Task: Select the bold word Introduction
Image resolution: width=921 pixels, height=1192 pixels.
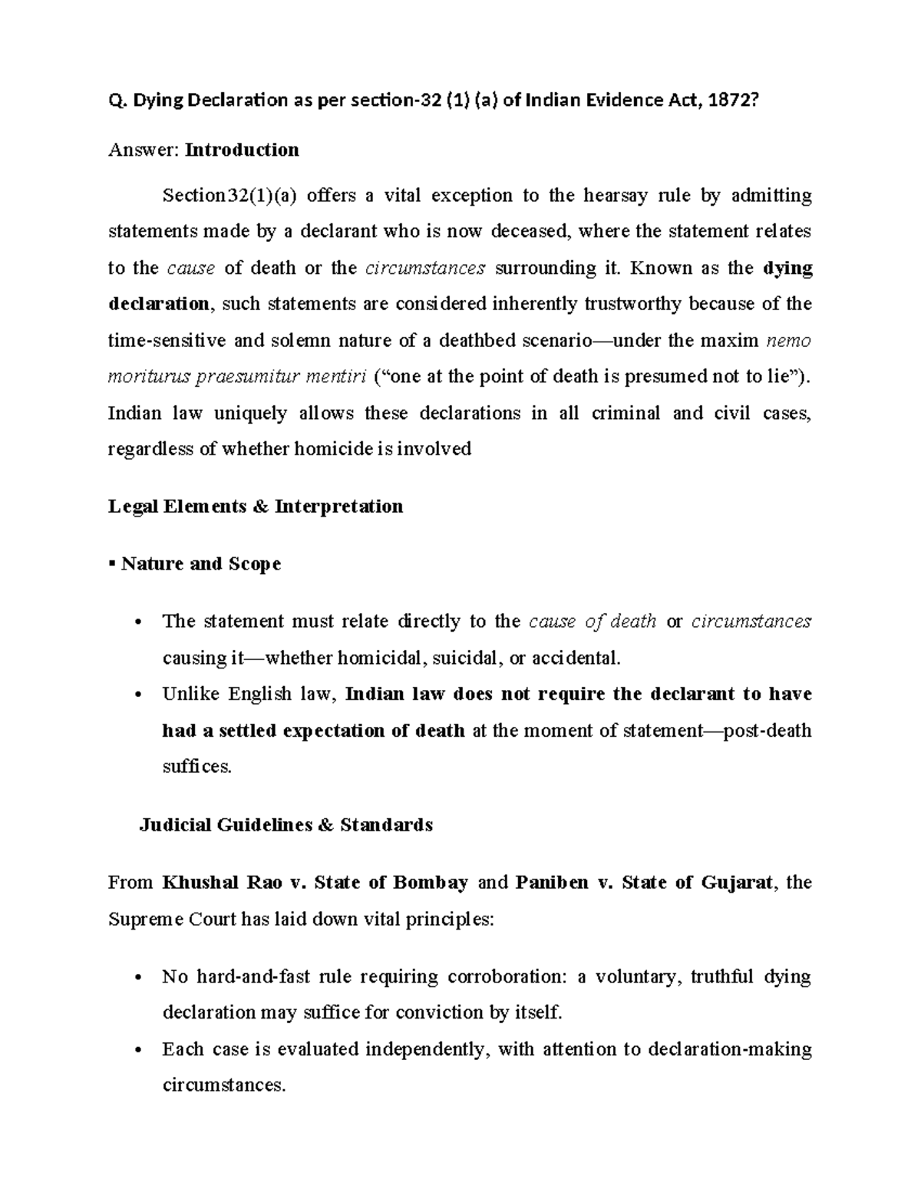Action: coord(243,150)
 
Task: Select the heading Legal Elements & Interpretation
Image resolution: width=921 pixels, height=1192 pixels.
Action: coord(256,507)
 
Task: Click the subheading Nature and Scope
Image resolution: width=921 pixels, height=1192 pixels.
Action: coord(200,564)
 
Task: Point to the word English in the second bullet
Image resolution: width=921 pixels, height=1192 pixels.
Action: coord(259,695)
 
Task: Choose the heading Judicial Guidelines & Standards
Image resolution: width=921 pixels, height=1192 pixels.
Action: coord(286,825)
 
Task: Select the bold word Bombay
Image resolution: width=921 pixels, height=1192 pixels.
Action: coord(431,883)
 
